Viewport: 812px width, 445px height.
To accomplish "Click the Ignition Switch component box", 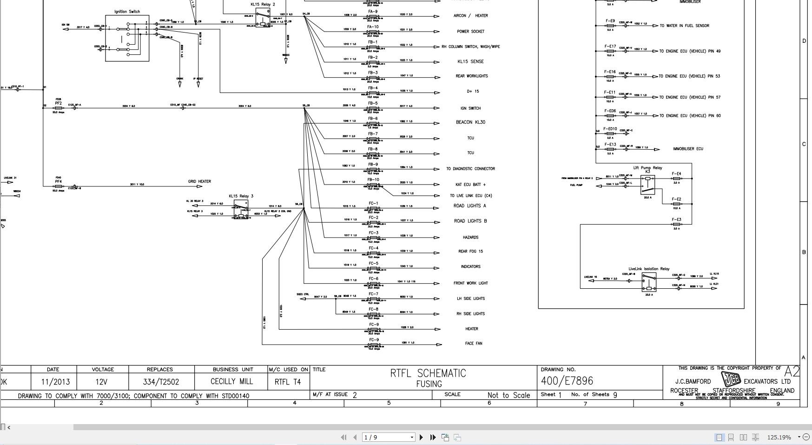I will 127,38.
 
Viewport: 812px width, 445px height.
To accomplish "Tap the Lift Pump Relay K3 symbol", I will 647,185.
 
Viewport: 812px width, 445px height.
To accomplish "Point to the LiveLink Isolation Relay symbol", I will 649,282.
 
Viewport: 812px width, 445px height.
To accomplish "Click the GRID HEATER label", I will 199,182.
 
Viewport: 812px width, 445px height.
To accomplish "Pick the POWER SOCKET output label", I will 470,32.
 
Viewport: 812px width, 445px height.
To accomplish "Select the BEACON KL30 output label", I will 470,122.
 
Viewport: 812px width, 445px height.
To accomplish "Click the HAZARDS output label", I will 470,238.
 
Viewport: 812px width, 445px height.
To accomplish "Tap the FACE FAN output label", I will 473,344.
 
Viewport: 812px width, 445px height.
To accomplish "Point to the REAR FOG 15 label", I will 470,252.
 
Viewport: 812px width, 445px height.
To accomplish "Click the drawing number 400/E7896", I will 567,381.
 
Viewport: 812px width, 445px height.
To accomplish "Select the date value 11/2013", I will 55,382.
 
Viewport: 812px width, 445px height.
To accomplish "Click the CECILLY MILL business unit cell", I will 231,381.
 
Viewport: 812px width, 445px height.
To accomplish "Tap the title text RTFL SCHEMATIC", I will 428,373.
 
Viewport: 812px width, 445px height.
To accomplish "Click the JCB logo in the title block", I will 730,379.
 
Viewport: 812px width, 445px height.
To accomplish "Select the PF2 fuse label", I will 58,103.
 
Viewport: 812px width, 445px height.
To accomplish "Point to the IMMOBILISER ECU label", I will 688,149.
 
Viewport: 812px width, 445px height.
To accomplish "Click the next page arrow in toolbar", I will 421,437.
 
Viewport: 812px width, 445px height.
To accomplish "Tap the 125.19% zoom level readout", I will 779,437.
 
